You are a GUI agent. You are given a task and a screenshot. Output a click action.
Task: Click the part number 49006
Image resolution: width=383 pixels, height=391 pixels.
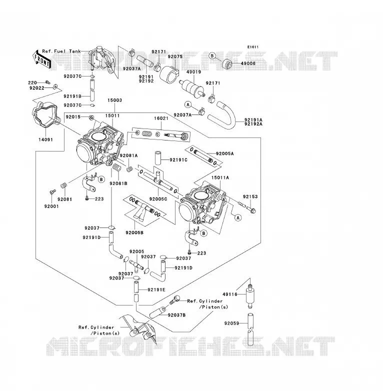click(x=248, y=63)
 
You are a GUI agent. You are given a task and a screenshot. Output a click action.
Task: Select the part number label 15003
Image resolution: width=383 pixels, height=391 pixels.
click(x=114, y=100)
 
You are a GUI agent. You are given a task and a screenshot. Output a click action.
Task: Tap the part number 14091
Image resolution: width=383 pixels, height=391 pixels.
click(x=45, y=139)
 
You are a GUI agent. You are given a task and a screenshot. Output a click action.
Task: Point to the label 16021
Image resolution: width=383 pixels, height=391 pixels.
click(x=161, y=118)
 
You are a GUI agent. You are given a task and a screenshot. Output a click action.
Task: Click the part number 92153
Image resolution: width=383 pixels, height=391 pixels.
click(x=250, y=196)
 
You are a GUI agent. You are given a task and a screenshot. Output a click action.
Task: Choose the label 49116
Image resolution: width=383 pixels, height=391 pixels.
click(x=230, y=294)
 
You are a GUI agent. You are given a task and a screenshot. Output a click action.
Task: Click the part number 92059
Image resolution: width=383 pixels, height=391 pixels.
click(x=231, y=323)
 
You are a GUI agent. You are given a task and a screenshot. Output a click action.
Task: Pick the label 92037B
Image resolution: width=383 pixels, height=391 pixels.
click(x=176, y=315)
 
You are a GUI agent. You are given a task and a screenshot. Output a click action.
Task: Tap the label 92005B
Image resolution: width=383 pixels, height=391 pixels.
click(x=134, y=232)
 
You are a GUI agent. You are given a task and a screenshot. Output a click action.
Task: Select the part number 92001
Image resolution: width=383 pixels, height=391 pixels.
click(x=51, y=206)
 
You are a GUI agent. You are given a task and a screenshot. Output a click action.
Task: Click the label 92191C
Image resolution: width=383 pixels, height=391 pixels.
click(x=178, y=160)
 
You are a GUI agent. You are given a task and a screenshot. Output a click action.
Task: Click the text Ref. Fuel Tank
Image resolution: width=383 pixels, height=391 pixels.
click(x=61, y=51)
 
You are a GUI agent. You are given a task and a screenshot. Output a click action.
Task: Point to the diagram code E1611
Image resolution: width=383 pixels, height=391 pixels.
click(x=253, y=47)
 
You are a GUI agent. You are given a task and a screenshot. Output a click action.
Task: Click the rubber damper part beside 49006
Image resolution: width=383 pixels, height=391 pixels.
click(x=227, y=64)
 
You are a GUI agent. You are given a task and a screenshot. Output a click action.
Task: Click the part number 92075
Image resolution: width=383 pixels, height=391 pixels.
click(x=175, y=56)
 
